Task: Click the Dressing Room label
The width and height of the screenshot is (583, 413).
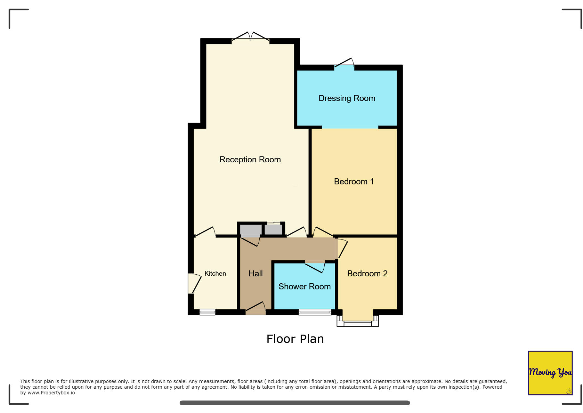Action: click(346, 98)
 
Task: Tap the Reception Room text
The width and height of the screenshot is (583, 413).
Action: click(250, 159)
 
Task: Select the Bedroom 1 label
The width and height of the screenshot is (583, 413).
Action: click(353, 181)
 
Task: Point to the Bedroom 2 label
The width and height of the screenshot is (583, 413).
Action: click(367, 273)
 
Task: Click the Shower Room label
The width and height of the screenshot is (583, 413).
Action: click(304, 286)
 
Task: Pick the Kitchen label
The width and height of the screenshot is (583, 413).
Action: click(215, 273)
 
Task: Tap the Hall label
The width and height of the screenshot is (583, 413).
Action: click(255, 273)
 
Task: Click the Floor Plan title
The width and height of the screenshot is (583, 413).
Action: click(295, 339)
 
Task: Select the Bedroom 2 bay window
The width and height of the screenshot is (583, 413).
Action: click(357, 322)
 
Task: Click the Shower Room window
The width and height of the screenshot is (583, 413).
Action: click(314, 312)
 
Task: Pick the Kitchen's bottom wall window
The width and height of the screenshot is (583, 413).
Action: click(207, 312)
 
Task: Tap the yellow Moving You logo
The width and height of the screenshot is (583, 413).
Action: click(550, 372)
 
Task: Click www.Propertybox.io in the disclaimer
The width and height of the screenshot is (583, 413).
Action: click(51, 393)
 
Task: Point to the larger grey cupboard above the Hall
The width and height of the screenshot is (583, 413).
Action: click(250, 230)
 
